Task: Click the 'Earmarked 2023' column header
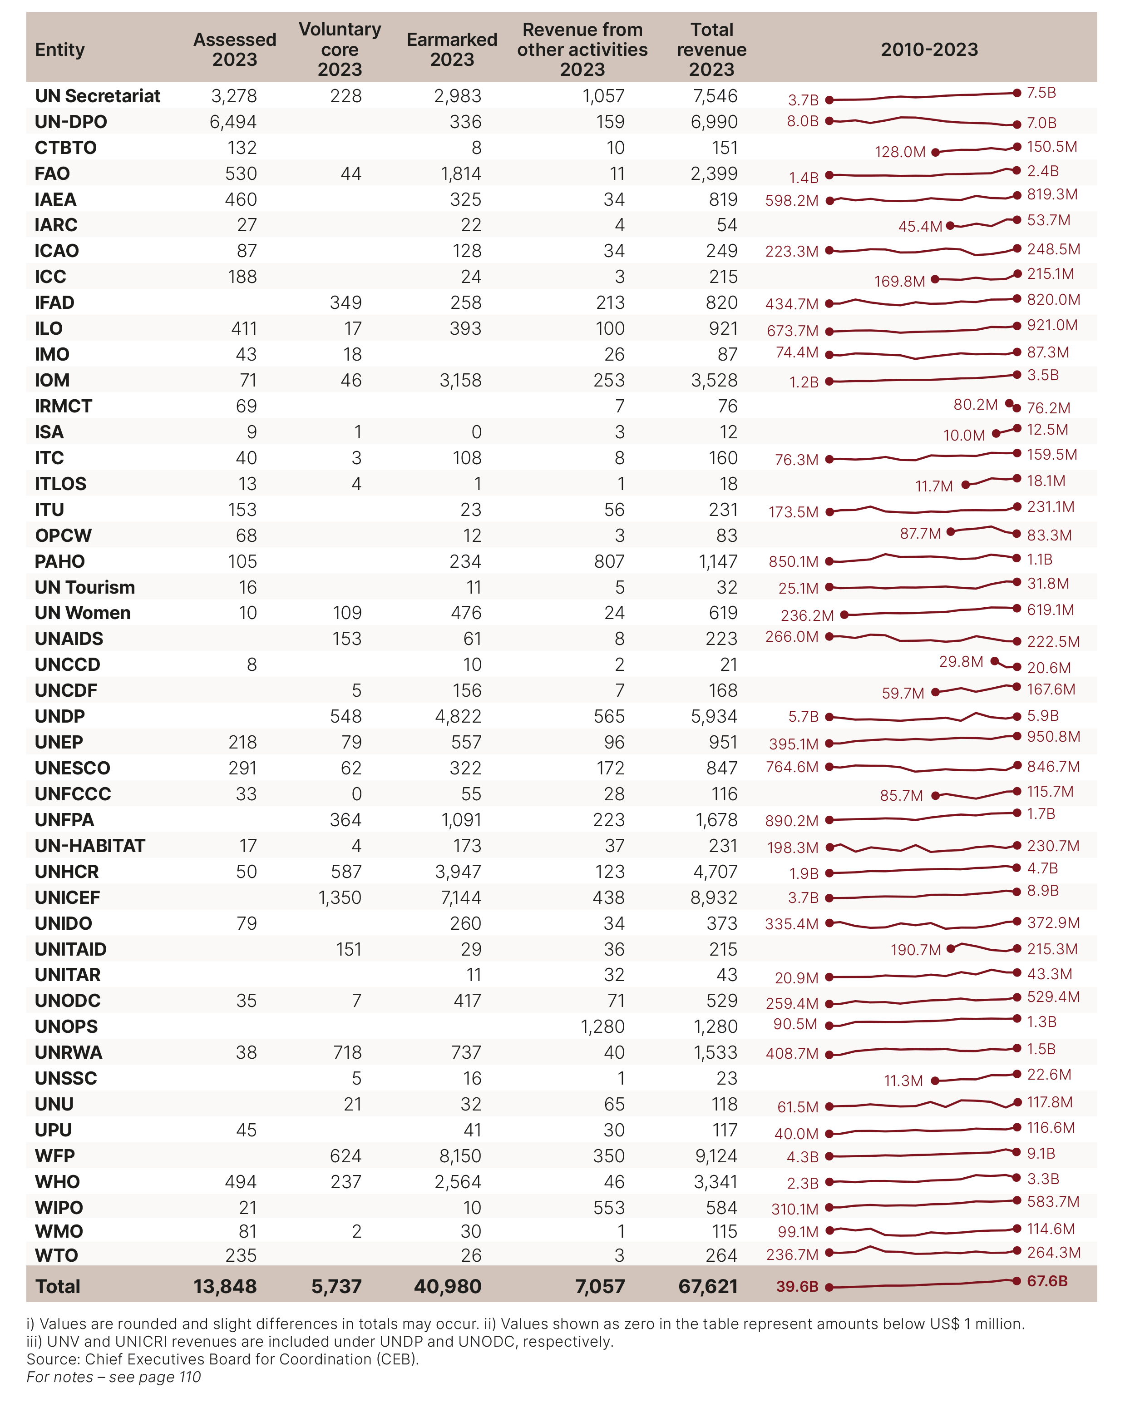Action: pyautogui.click(x=452, y=49)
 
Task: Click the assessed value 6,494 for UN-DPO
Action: pyautogui.click(x=233, y=122)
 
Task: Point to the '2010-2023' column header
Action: pyautogui.click(x=929, y=49)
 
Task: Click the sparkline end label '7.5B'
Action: pyautogui.click(x=1041, y=93)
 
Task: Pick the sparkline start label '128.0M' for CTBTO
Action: pyautogui.click(x=900, y=152)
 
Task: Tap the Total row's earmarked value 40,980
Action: pyautogui.click(x=448, y=1286)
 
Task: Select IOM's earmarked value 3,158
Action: pyautogui.click(x=460, y=380)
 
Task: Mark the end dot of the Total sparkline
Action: pyautogui.click(x=1017, y=1280)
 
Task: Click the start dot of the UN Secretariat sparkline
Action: pyautogui.click(x=829, y=100)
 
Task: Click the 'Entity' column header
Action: pyautogui.click(x=59, y=49)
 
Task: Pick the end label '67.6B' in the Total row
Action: pyautogui.click(x=1047, y=1280)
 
